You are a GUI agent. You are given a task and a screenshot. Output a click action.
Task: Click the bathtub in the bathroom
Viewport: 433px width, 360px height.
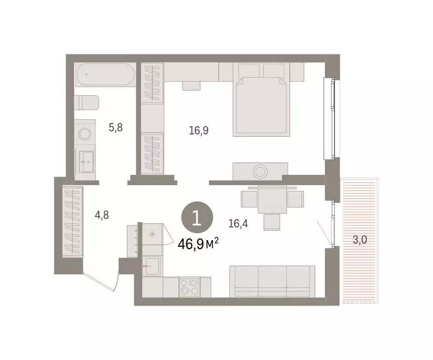(x=105, y=75)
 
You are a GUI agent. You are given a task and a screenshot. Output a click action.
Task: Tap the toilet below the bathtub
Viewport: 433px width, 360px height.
(x=87, y=103)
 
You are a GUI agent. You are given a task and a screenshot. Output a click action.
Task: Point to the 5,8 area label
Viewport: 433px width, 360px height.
(x=116, y=127)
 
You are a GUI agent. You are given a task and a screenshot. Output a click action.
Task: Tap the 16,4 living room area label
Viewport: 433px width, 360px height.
(x=238, y=224)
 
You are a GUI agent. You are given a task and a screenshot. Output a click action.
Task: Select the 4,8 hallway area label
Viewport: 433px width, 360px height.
(x=103, y=216)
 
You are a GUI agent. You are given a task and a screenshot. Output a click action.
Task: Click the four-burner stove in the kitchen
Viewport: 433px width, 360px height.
(x=190, y=286)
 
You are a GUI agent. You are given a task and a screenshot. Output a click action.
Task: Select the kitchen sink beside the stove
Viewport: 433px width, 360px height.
(x=152, y=268)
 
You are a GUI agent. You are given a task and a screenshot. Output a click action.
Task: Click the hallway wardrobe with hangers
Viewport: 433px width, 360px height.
(x=73, y=221)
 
